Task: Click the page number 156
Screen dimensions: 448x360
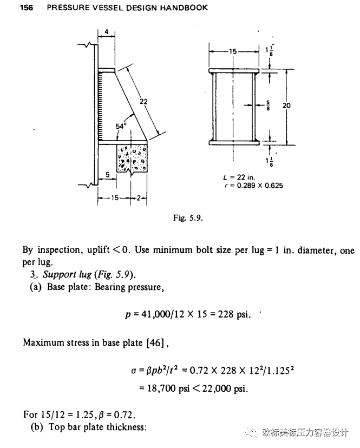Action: click(27, 8)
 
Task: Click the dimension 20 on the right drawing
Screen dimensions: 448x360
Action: click(286, 106)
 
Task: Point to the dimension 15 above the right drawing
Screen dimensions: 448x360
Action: click(233, 52)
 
